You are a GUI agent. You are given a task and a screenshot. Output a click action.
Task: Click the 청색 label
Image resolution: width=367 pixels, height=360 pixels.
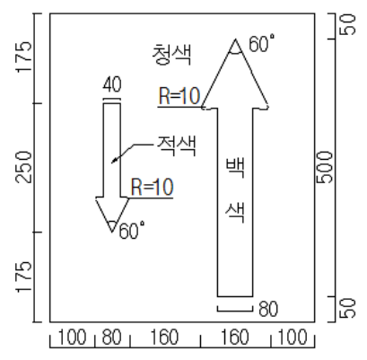171,55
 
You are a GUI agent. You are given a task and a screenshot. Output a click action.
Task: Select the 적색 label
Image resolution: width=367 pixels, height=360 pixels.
177,146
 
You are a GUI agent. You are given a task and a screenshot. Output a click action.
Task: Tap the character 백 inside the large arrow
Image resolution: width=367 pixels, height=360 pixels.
236,167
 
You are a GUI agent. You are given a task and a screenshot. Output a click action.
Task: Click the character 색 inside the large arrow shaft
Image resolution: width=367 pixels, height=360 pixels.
236,213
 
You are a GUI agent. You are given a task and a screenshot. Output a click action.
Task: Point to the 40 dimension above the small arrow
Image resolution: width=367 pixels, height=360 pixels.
112,84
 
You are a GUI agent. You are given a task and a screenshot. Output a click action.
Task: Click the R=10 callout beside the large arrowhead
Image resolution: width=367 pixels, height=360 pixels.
179,96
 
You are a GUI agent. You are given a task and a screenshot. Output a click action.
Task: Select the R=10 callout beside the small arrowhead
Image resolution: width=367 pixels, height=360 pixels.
152,187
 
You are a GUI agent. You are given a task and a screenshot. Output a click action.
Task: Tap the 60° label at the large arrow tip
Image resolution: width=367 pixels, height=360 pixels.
262,43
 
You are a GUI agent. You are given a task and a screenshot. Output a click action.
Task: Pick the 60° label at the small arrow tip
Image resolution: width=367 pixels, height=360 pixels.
132,231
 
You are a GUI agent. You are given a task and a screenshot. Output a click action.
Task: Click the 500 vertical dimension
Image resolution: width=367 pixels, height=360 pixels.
324,168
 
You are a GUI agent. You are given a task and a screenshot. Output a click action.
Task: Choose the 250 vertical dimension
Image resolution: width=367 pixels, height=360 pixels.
23,168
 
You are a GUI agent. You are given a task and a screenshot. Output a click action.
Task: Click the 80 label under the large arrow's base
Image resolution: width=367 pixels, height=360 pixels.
268,309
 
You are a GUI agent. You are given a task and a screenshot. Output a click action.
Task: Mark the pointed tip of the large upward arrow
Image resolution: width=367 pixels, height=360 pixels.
235,40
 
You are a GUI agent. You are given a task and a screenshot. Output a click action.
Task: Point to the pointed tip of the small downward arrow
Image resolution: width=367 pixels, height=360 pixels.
112,232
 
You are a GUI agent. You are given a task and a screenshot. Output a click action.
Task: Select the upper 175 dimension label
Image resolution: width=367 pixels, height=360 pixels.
23,57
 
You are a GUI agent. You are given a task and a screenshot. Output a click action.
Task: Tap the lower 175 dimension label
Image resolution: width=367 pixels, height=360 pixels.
23,277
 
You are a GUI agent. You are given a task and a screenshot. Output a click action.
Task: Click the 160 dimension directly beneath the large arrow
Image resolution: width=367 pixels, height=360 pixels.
235,337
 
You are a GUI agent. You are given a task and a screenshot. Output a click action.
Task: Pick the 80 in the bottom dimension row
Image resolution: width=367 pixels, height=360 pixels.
111,337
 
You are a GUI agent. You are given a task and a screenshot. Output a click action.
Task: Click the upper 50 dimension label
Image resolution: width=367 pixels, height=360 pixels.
347,25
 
